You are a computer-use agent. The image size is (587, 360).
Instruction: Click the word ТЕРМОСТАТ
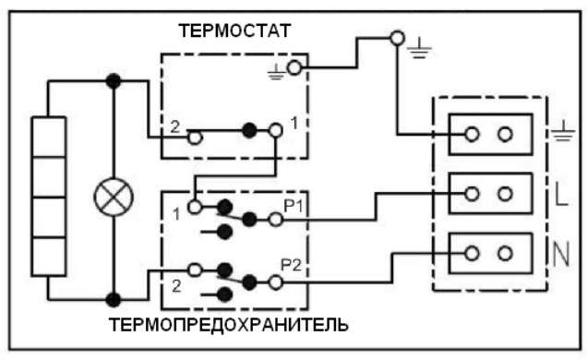[x=234, y=30]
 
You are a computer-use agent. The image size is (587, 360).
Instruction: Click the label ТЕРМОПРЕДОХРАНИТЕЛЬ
[x=229, y=325]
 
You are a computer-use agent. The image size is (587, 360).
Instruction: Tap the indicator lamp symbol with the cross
[x=114, y=198]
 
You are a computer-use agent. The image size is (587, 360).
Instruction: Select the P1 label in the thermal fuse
[x=293, y=206]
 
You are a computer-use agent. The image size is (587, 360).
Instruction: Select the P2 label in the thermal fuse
[x=292, y=265]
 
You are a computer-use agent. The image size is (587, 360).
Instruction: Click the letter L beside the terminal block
[x=560, y=194]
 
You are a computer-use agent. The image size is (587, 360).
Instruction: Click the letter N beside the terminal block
[x=560, y=254]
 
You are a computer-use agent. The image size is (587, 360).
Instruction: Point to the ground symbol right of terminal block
[x=563, y=134]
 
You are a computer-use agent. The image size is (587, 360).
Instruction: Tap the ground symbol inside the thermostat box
[x=276, y=72]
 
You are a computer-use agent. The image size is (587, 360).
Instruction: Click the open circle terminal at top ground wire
[x=397, y=38]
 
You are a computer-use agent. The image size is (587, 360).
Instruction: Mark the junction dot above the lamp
[x=114, y=81]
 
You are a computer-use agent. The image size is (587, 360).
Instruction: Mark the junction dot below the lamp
[x=114, y=300]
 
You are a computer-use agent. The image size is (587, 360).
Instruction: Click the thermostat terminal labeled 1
[x=276, y=130]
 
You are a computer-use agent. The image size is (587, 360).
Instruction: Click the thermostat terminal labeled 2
[x=195, y=138]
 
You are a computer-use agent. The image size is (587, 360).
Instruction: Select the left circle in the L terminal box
[x=472, y=194]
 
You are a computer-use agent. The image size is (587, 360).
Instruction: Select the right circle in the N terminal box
[x=505, y=254]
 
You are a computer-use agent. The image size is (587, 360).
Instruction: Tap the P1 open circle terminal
[x=276, y=220]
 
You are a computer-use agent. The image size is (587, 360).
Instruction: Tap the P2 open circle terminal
[x=276, y=282]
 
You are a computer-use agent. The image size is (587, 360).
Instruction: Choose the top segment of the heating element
[x=49, y=137]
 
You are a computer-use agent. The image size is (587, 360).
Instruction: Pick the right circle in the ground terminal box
[x=505, y=134]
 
